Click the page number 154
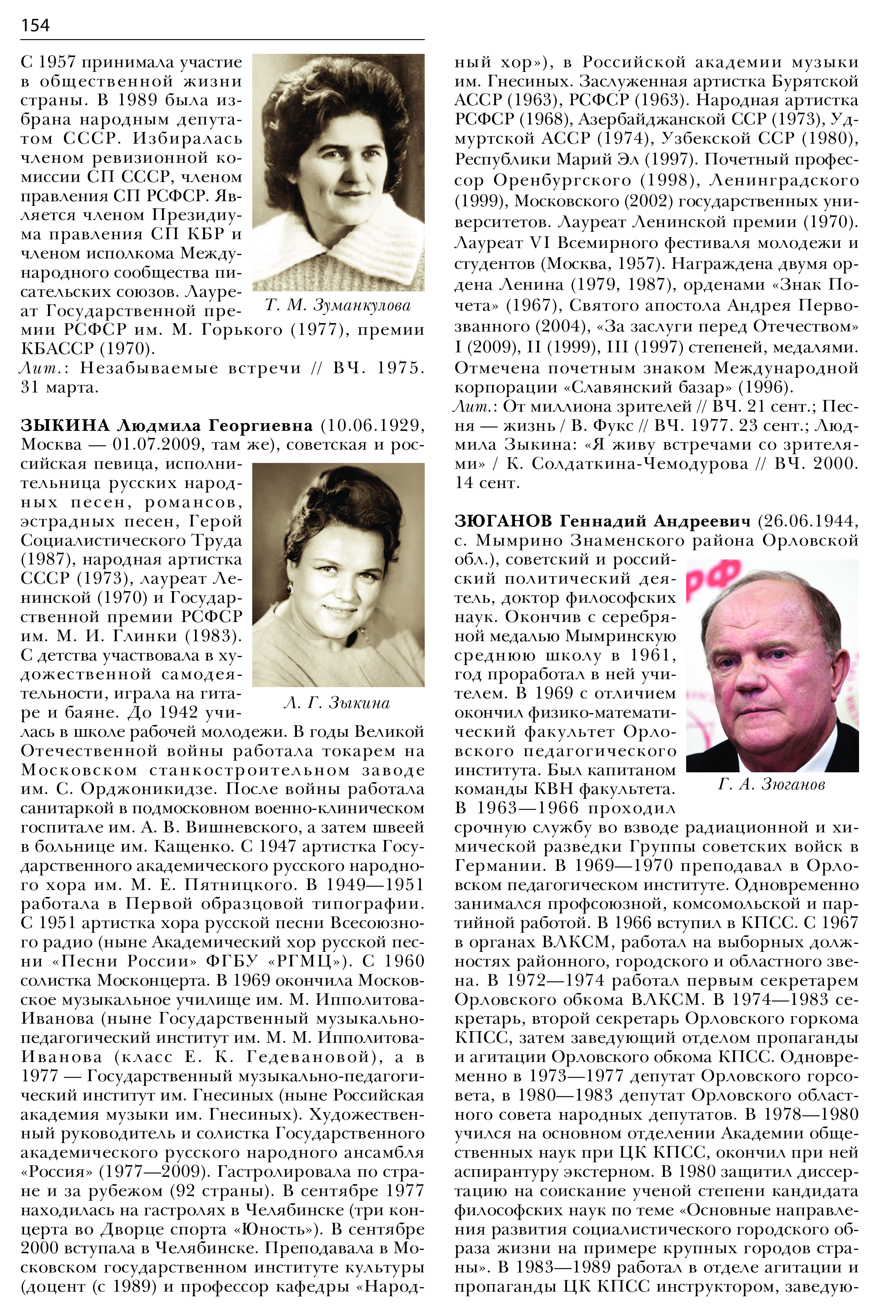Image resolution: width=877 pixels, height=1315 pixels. pos(35,25)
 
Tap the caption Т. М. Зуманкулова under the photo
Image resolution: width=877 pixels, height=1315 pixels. pos(338,305)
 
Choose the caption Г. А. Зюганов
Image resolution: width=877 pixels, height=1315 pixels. pos(771,785)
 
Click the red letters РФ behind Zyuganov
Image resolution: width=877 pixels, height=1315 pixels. pos(714,578)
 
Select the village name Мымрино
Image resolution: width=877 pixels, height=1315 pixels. pos(521,541)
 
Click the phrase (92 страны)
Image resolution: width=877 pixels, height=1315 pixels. pos(186,1191)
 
